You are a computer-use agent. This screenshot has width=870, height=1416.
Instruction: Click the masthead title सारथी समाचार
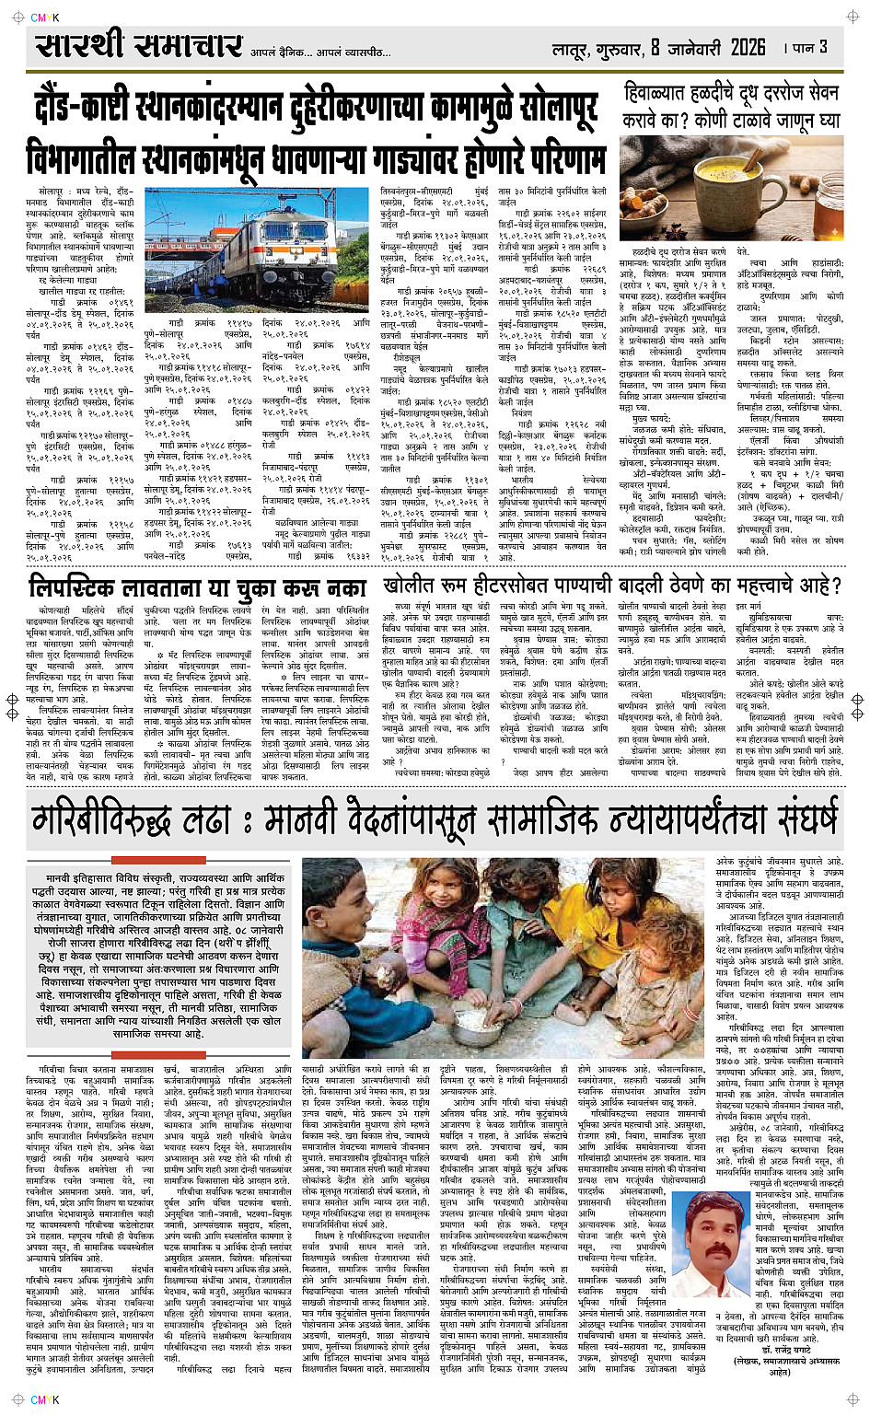(139, 45)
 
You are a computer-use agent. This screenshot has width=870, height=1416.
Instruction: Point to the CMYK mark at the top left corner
(44, 17)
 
